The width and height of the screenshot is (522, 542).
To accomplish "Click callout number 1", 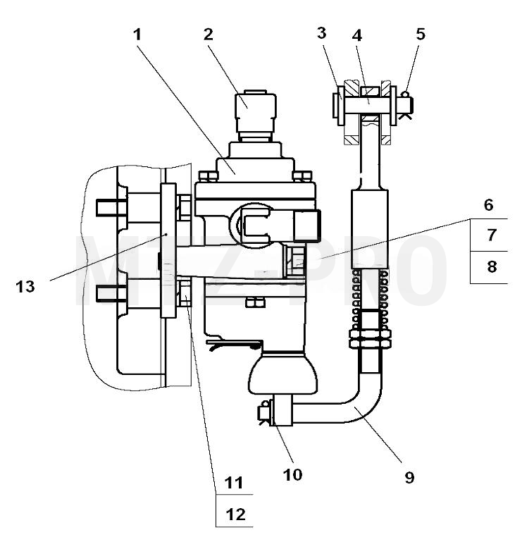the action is coord(137,35).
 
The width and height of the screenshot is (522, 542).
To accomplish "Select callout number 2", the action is coord(209,35).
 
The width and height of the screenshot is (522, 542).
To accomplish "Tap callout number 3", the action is coord(322,33).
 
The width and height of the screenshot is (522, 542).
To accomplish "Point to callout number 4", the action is coord(357,35).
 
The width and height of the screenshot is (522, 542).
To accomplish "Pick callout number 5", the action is coord(421,34).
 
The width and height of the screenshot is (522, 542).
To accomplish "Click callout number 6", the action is coord(488,205).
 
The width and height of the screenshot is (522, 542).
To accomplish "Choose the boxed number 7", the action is coord(492,235).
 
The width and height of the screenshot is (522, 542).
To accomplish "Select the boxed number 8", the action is coord(492,266).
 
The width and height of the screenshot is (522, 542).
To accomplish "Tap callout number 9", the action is coord(409,477).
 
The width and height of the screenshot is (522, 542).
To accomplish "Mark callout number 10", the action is coord(292,474).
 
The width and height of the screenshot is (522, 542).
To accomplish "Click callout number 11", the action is coord(234,483).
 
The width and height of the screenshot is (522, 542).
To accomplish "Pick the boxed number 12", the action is coord(235,515).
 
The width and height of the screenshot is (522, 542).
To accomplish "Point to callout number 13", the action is coord(25,287).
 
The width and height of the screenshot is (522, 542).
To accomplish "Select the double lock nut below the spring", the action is coord(370,339).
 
